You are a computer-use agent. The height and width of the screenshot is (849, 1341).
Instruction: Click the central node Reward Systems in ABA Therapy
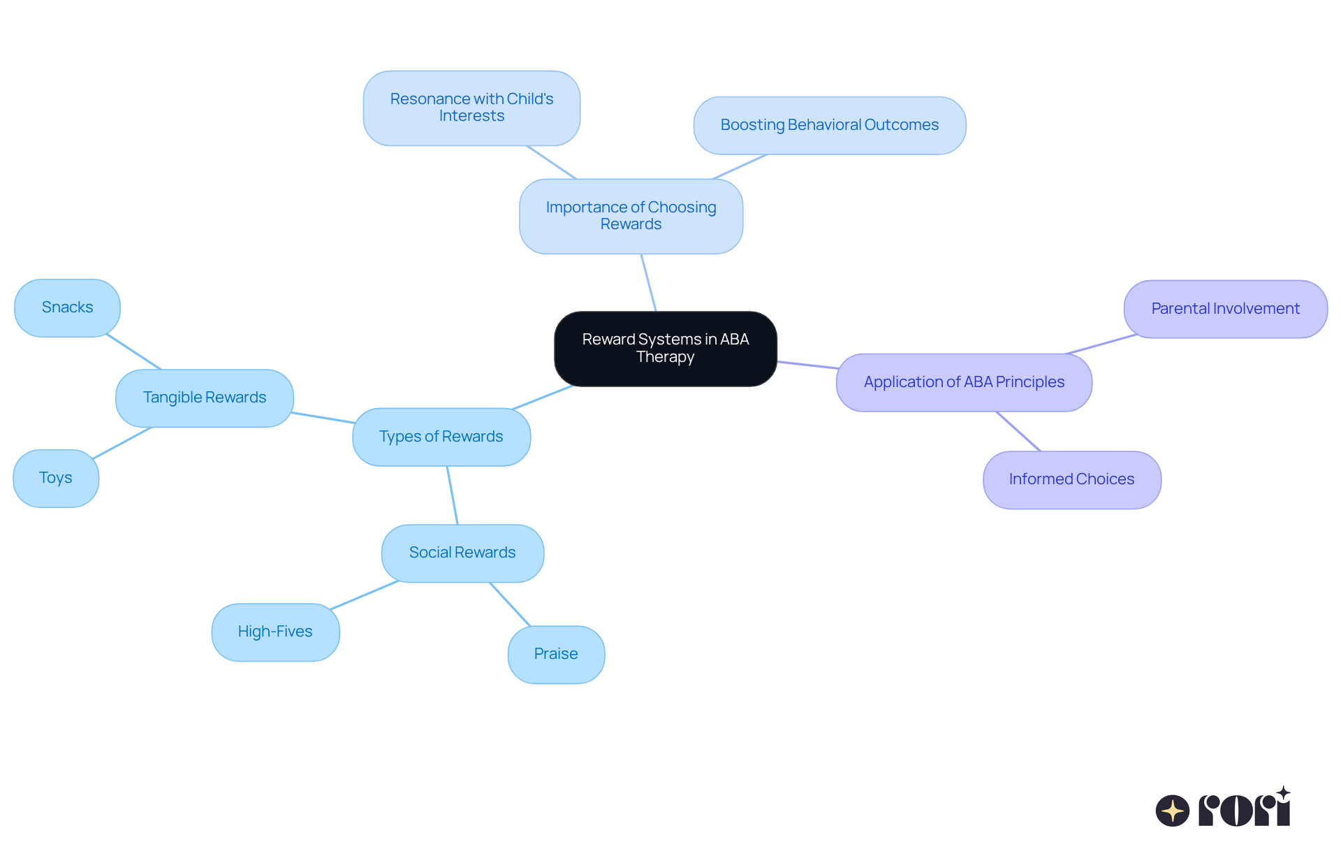tap(665, 349)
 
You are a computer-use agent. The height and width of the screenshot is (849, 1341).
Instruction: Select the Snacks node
tap(67, 307)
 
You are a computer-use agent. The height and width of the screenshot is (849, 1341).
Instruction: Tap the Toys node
tap(56, 478)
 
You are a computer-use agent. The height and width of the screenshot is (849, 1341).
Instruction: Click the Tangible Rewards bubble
tap(204, 398)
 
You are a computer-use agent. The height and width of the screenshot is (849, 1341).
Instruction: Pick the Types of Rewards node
tap(441, 437)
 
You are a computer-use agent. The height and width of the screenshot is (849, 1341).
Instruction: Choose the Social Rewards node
tap(462, 553)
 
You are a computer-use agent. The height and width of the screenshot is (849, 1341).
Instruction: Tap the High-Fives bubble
tap(275, 632)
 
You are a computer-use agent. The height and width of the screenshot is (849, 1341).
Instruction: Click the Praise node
tap(556, 654)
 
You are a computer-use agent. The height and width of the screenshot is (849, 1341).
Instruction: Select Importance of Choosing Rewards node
tap(631, 216)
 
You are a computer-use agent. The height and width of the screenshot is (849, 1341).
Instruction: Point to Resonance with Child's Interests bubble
tap(471, 108)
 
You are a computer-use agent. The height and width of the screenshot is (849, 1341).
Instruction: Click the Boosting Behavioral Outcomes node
tap(829, 125)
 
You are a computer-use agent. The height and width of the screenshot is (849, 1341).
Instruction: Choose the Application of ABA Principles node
tap(963, 382)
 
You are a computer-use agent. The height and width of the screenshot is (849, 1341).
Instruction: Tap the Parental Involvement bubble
tap(1225, 309)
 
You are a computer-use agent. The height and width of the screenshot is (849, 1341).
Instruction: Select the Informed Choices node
tap(1071, 479)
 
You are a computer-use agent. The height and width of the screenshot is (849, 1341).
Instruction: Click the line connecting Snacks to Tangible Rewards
tap(133, 352)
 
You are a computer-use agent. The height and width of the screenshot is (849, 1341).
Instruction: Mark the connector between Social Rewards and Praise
tap(510, 604)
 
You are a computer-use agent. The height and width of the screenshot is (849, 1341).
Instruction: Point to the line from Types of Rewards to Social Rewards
tap(453, 495)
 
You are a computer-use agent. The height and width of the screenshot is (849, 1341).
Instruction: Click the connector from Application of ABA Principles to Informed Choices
tap(1018, 432)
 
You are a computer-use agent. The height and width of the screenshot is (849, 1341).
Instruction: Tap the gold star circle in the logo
tap(1172, 811)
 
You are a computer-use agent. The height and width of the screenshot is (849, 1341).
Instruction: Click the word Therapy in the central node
tap(665, 357)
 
